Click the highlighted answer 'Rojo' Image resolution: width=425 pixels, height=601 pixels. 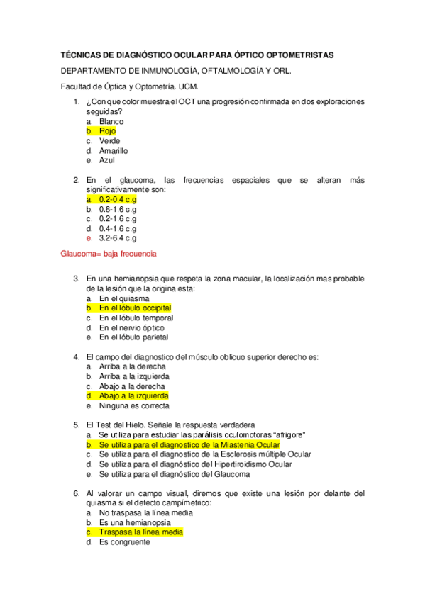pyautogui.click(x=107, y=131)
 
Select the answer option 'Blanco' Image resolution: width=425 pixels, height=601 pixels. pyautogui.click(x=111, y=121)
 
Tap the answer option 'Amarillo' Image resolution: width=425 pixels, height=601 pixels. pyautogui.click(x=114, y=151)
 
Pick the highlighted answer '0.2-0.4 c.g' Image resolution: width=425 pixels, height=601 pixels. pyautogui.click(x=118, y=200)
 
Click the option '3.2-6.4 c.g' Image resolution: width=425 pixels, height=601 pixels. pyautogui.click(x=118, y=239)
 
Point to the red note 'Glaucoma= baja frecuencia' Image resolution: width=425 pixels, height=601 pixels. pyautogui.click(x=109, y=254)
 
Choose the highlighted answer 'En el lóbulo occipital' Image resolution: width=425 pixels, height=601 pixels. pyautogui.click(x=135, y=308)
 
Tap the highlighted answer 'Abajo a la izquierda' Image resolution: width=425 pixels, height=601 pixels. pyautogui.click(x=133, y=396)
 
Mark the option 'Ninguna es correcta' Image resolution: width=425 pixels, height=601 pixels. pyautogui.click(x=134, y=406)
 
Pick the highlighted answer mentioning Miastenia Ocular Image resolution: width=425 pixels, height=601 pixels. pyautogui.click(x=189, y=444)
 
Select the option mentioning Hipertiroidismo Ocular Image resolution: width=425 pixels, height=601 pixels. pyautogui.click(x=195, y=464)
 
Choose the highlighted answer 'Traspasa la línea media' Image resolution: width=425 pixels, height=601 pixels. pyautogui.click(x=141, y=532)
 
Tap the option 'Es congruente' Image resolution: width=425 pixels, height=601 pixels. pyautogui.click(x=124, y=541)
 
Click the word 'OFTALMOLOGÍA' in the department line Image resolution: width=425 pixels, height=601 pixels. pyautogui.click(x=214, y=72)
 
